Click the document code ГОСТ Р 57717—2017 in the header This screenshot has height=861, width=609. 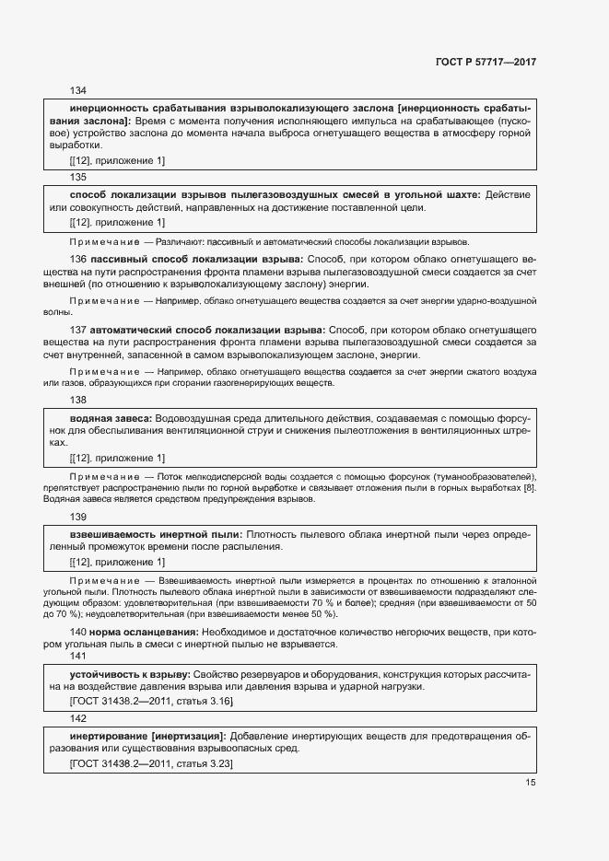pyautogui.click(x=486, y=63)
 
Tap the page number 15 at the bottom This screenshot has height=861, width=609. pyautogui.click(x=530, y=783)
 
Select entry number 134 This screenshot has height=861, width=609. pyautogui.click(x=78, y=90)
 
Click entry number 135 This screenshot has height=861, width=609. pyautogui.click(x=78, y=177)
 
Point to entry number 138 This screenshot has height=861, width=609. pyautogui.click(x=78, y=401)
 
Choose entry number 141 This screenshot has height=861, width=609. pyautogui.click(x=78, y=656)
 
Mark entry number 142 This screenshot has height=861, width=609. pyautogui.click(x=78, y=718)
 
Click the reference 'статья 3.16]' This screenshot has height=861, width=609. pyautogui.click(x=205, y=702)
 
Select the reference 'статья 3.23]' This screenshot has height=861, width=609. pyautogui.click(x=205, y=764)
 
